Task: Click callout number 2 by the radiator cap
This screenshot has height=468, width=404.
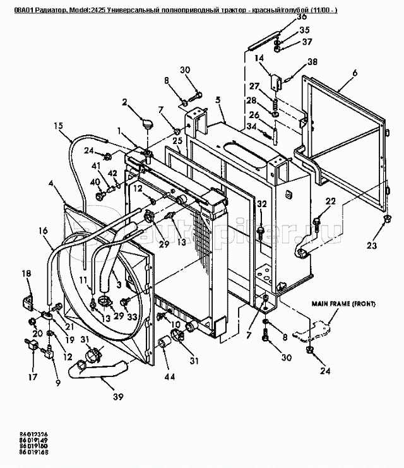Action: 125,102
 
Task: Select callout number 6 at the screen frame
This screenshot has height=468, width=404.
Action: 355,73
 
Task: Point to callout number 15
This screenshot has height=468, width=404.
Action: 58,126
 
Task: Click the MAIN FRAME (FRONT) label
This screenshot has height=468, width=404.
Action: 344,304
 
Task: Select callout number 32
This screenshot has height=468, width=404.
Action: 262,203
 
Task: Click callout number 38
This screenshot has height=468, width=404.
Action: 312,62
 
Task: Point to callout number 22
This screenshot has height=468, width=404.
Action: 330,201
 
